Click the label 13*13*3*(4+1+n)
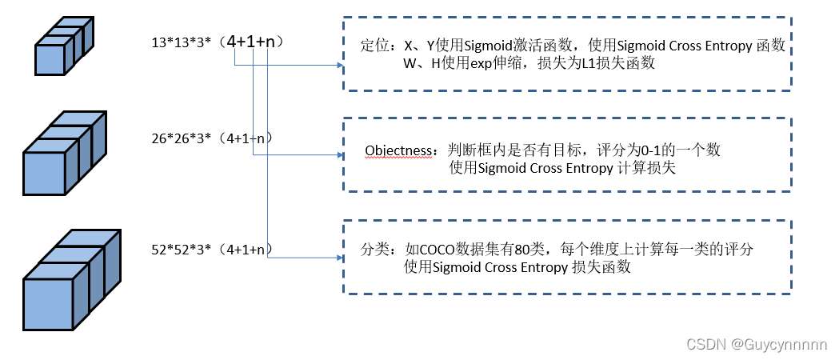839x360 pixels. (220, 39)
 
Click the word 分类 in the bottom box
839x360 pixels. (373, 250)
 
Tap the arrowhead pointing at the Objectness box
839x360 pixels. (338, 155)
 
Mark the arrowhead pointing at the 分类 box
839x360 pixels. (338, 257)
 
